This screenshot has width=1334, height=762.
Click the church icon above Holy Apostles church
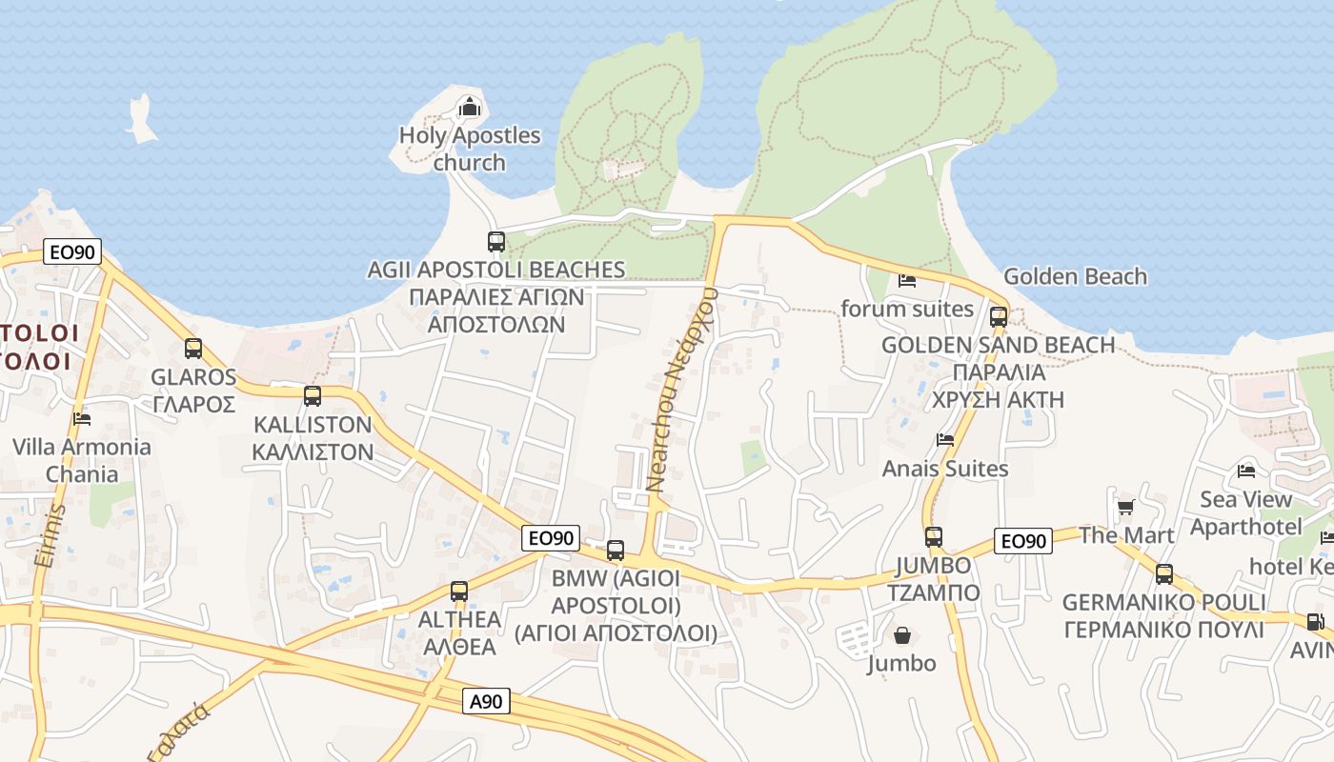click(x=469, y=107)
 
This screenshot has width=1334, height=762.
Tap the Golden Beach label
click(x=1075, y=276)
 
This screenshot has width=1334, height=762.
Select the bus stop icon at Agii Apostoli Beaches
click(x=495, y=242)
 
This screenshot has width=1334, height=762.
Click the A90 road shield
click(x=488, y=702)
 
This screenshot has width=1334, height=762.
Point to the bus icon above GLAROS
click(x=193, y=349)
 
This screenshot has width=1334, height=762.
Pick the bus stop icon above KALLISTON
click(x=312, y=396)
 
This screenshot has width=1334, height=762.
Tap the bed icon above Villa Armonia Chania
click(x=82, y=418)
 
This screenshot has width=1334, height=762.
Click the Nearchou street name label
click(x=682, y=391)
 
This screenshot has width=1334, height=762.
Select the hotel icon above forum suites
click(x=906, y=281)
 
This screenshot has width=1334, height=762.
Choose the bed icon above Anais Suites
click(x=945, y=440)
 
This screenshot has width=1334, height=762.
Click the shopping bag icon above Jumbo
click(x=901, y=634)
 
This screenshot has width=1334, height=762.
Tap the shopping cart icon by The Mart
click(x=1125, y=507)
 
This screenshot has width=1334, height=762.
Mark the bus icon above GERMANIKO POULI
click(x=1163, y=574)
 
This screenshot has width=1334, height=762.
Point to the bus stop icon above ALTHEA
click(x=458, y=591)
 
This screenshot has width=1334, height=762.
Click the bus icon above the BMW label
click(x=616, y=551)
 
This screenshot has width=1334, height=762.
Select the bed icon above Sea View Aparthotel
click(x=1245, y=471)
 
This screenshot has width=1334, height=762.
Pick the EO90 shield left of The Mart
click(x=1022, y=541)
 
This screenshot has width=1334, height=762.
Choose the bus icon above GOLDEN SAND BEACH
click(x=998, y=317)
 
